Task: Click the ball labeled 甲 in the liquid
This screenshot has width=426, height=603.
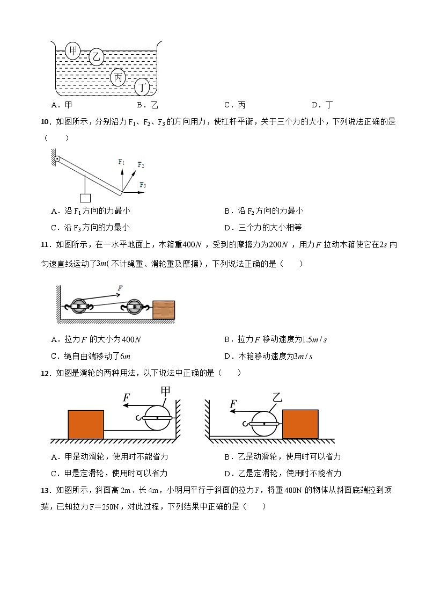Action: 72,51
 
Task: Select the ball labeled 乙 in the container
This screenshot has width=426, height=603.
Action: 97,57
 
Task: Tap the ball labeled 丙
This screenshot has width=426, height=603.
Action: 119,78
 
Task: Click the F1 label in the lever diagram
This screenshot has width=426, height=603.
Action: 121,162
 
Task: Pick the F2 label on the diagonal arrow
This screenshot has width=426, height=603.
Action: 141,165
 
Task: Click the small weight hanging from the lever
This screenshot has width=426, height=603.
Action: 85,198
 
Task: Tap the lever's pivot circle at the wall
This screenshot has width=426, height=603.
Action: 57,159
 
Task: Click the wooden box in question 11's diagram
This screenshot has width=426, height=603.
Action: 164,310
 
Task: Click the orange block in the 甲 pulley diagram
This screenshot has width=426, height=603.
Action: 86,424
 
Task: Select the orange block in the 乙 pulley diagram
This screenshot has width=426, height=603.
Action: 300,424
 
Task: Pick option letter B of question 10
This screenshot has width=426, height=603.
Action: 227,211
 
